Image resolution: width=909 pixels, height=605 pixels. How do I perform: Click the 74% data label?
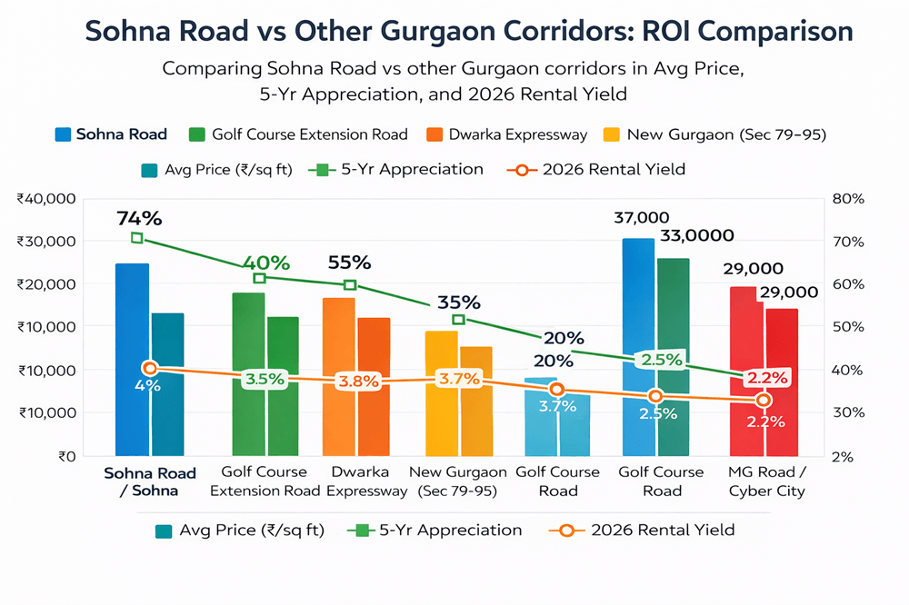click(x=138, y=218)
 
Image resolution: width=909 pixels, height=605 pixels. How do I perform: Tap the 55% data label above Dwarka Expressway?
click(x=349, y=263)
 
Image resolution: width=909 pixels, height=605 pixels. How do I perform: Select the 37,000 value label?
click(x=643, y=218)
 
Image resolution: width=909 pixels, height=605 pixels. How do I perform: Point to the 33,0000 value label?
click(x=697, y=235)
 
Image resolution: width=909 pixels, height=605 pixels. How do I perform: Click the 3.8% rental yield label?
click(x=357, y=382)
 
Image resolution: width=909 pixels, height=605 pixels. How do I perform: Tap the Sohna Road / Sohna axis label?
click(x=135, y=481)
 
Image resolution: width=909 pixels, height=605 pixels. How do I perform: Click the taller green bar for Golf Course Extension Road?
click(x=249, y=372)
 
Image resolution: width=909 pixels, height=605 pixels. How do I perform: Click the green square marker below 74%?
click(x=137, y=238)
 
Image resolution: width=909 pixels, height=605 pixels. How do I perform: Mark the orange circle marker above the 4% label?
click(x=150, y=368)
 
